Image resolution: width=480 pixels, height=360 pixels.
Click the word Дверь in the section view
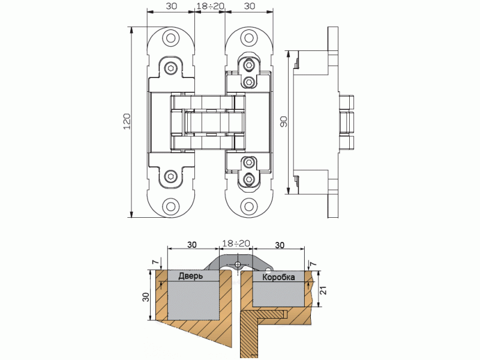pos(190,277)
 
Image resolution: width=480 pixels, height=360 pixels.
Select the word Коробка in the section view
pos(278,278)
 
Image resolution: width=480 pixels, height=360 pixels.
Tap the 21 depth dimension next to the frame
pos(322,290)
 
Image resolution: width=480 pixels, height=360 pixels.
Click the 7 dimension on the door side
pos(155,262)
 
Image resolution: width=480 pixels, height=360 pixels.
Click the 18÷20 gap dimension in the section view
pos(236,244)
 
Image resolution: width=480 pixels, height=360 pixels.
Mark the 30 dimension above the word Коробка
pos(279,245)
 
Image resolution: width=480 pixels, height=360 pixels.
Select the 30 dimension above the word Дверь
pos(191,245)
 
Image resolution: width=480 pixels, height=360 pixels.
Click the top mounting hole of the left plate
pos(172,39)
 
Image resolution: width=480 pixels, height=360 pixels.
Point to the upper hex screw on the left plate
pos(172,68)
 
